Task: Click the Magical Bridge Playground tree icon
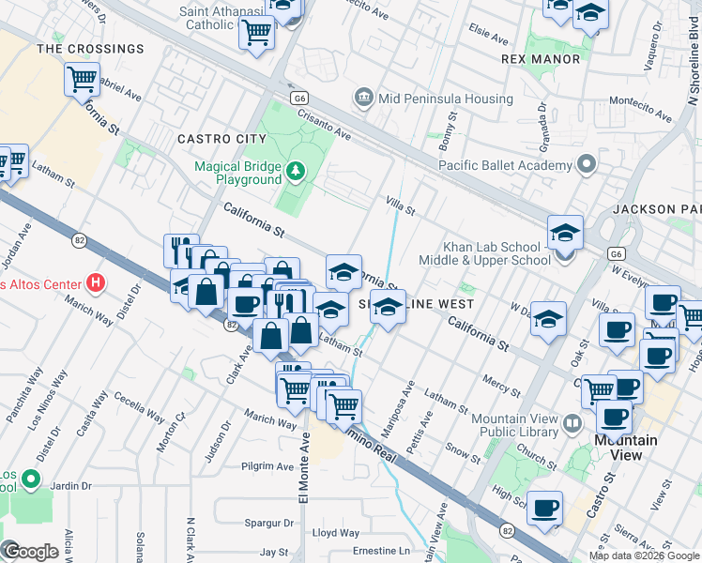(x=297, y=170)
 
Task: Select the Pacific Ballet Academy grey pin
(x=588, y=165)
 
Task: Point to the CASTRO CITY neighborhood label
(x=222, y=139)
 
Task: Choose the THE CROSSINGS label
(x=91, y=49)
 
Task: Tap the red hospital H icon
(x=94, y=281)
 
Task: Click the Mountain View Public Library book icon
(x=572, y=424)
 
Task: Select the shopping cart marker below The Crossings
(x=83, y=79)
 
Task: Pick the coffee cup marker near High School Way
(x=544, y=508)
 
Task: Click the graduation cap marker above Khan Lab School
(x=565, y=232)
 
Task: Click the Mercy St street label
(x=501, y=385)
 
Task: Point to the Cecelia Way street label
(x=142, y=409)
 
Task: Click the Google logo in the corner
(x=30, y=551)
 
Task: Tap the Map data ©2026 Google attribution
(x=644, y=555)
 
